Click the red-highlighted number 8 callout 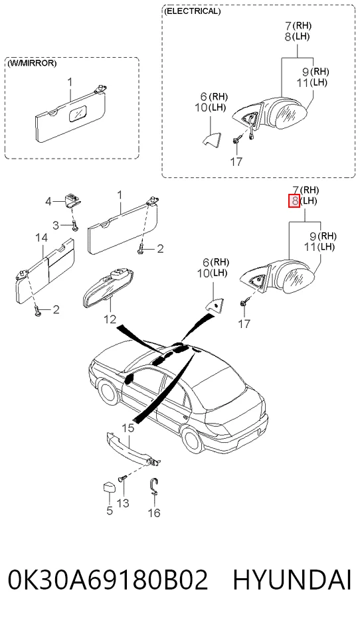[294, 201]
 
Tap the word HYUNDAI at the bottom [292, 580]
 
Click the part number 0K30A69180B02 [108, 580]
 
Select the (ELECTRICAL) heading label [192, 11]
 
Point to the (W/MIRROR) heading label [32, 63]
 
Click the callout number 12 [110, 319]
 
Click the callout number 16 [154, 512]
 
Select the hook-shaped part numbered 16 [155, 487]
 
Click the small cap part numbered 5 [109, 488]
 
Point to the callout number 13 [123, 503]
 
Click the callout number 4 [48, 202]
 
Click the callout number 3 [56, 225]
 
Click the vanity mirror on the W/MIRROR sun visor [77, 114]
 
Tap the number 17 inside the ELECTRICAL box [236, 162]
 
